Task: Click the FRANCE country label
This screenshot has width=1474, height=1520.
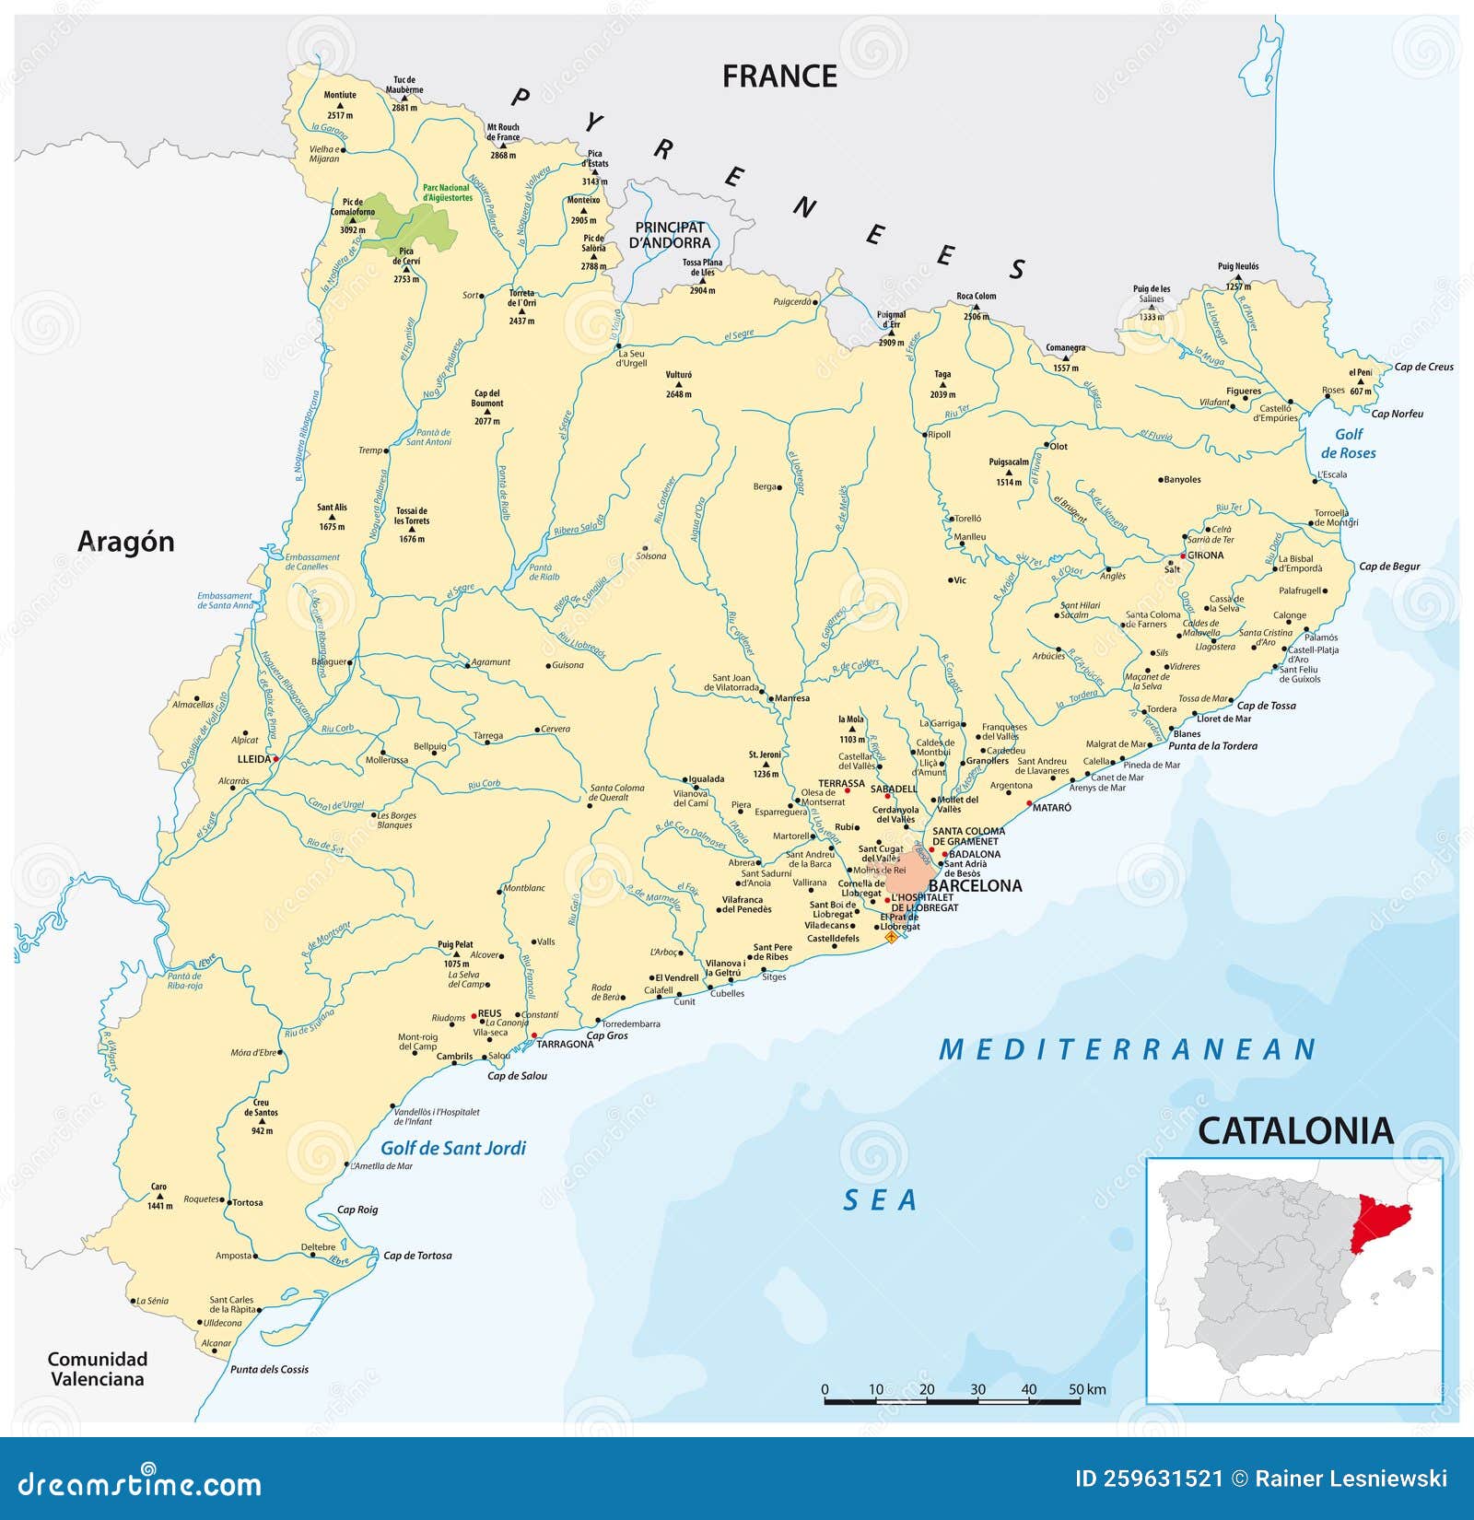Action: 779,76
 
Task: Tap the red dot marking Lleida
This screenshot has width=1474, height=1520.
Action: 275,759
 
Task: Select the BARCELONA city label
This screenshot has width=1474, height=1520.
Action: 975,886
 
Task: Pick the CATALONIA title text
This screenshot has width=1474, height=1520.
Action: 1295,1131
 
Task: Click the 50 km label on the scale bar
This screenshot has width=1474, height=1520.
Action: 1088,1389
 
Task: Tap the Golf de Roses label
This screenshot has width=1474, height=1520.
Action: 1348,443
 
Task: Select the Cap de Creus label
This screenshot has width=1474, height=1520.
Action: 1423,367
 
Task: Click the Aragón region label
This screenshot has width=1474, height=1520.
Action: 125,542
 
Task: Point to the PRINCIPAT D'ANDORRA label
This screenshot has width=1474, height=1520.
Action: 670,235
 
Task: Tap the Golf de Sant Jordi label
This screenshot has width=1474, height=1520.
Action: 453,1148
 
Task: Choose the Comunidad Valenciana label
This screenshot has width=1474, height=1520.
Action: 97,1369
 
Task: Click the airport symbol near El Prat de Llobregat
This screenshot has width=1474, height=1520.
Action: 891,937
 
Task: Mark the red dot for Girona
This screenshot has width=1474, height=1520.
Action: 1183,556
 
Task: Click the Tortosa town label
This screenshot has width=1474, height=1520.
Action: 248,1202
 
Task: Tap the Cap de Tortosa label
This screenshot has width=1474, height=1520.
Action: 417,1256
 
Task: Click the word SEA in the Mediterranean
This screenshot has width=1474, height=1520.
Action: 880,1200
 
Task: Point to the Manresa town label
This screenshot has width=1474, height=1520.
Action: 792,698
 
